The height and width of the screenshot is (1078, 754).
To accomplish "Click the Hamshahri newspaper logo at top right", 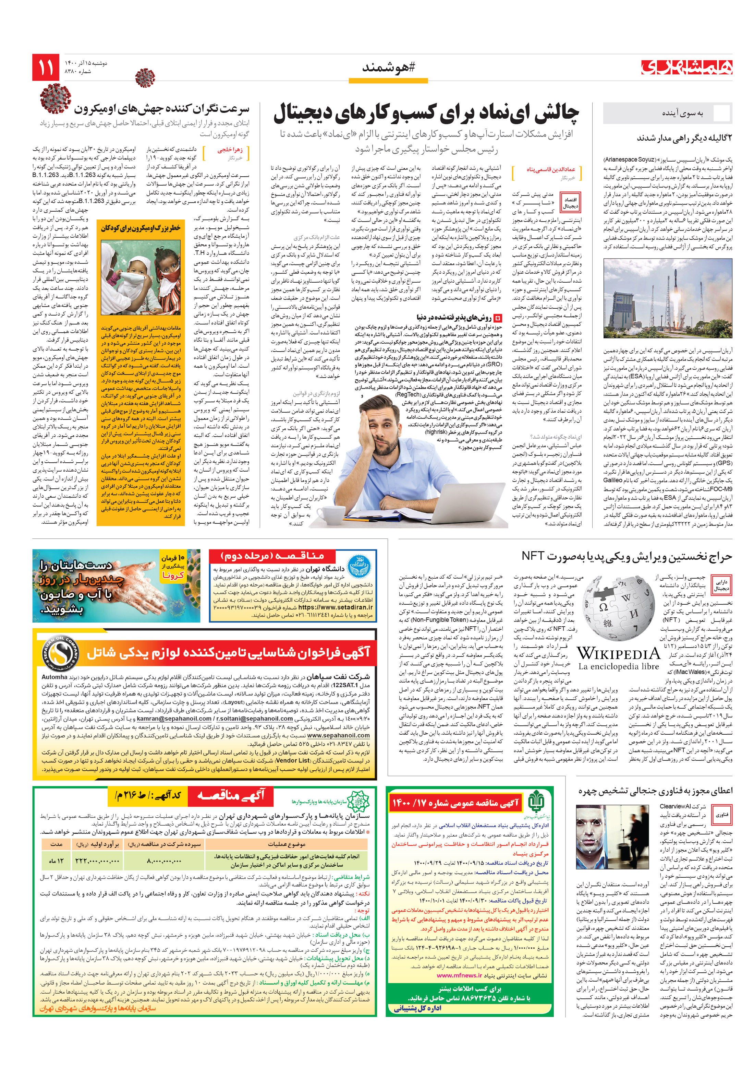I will pyautogui.click(x=686, y=67).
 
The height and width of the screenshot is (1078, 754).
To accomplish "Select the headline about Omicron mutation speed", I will pyautogui.click(x=161, y=109).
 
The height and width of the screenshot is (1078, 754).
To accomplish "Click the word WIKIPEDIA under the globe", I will pyautogui.click(x=618, y=653).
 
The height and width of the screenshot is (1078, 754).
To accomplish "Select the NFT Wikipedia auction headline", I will pyautogui.click(x=627, y=556).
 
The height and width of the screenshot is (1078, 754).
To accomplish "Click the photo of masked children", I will pyautogui.click(x=141, y=277).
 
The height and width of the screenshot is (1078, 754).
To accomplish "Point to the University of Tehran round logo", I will pyautogui.click(x=360, y=566).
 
